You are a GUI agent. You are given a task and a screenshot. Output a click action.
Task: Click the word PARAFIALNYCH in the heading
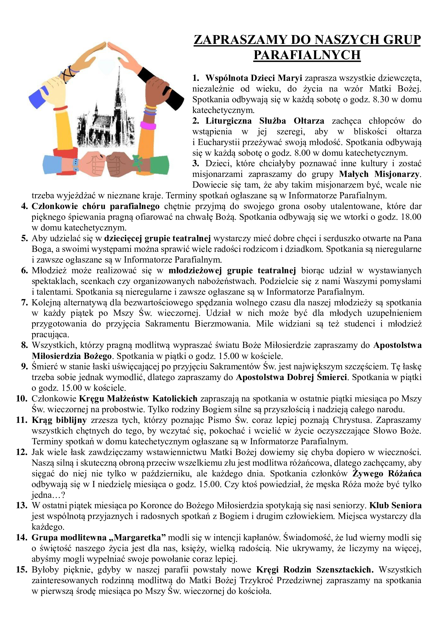pyautogui.click(x=307, y=55)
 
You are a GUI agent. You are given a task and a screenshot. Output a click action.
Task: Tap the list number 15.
pyautogui.click(x=22, y=570)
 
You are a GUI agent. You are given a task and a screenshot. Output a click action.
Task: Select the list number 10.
pyautogui.click(x=22, y=399)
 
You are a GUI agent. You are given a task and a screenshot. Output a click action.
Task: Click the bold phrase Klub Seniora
pyautogui.click(x=395, y=505)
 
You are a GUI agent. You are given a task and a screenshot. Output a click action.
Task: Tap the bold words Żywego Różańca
pyautogui.click(x=387, y=473)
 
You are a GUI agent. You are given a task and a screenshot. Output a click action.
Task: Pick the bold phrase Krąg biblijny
pyautogui.click(x=59, y=420)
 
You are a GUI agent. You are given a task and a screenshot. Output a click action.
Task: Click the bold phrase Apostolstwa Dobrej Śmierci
pyautogui.click(x=292, y=377)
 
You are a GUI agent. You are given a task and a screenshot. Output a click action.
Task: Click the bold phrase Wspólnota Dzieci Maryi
pyautogui.click(x=254, y=78)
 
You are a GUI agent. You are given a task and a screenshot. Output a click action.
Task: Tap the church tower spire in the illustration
pyautogui.click(x=119, y=76)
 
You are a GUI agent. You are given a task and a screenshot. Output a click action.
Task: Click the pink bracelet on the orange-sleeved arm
pyautogui.click(x=148, y=126)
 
